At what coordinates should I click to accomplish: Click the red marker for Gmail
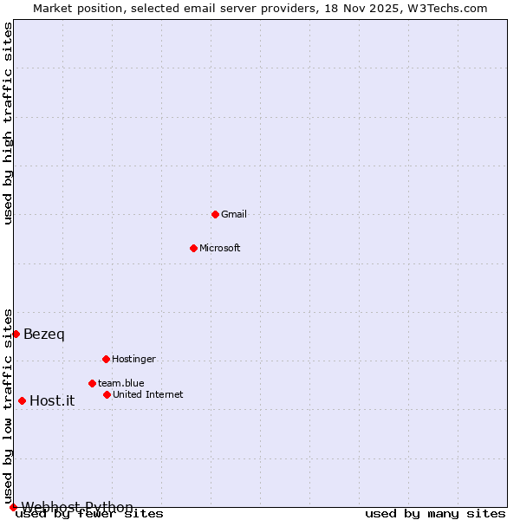pos(215,214)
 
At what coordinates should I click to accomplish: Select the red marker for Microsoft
pos(193,248)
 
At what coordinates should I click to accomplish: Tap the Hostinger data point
pos(106,359)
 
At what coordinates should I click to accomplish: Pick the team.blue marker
pos(92,383)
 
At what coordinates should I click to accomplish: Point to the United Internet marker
pos(107,394)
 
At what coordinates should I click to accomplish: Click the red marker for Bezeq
pos(16,334)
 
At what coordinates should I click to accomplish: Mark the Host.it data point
pos(22,400)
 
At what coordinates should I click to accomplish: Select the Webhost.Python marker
pos(13,507)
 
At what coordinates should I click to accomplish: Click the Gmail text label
pos(234,214)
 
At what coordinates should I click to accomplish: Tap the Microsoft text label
pos(220,248)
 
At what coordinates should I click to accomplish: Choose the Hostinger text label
pos(133,359)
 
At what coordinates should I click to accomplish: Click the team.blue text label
pos(121,383)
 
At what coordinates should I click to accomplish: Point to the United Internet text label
pos(148,394)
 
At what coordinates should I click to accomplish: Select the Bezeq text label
pos(44,335)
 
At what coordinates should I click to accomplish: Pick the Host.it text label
pos(52,400)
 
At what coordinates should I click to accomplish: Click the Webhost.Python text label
pos(77,507)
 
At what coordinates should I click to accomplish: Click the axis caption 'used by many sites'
pos(435,513)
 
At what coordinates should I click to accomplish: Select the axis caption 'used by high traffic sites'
pos(8,123)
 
